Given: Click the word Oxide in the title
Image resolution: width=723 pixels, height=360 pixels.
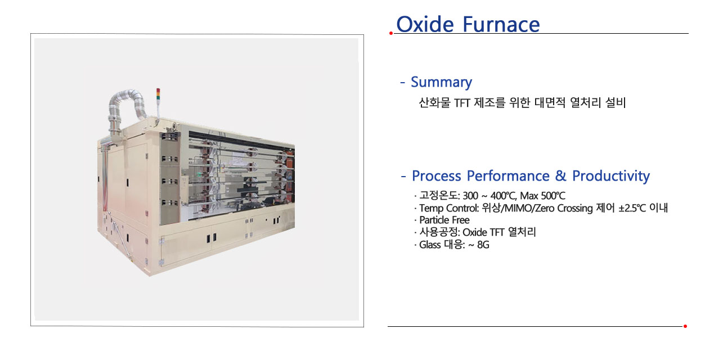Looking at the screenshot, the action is [x=425, y=24].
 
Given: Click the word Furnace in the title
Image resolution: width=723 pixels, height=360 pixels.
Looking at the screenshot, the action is [x=501, y=24].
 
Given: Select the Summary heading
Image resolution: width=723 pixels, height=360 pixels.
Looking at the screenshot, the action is [x=441, y=82].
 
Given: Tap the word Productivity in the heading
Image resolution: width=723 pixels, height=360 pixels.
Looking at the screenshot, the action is [x=610, y=176].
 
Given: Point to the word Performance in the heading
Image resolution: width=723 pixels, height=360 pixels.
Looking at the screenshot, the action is [x=508, y=176].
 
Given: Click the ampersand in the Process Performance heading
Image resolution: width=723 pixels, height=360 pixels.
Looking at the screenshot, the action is [x=560, y=176].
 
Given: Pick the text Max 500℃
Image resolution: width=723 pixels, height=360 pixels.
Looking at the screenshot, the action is [x=542, y=196].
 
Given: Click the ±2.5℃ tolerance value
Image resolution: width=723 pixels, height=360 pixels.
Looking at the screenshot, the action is [x=632, y=208].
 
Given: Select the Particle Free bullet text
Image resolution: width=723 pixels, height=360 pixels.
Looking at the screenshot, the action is [x=444, y=220].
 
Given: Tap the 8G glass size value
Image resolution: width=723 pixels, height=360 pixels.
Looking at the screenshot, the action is [x=483, y=245].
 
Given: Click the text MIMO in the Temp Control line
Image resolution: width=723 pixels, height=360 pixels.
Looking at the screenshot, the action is [x=518, y=208].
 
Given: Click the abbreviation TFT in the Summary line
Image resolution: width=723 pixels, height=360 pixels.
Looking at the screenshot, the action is [x=461, y=103].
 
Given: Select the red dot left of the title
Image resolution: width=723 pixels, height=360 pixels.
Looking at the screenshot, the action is [x=391, y=33].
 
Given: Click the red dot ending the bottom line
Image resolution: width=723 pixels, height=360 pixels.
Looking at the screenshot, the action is [x=685, y=326].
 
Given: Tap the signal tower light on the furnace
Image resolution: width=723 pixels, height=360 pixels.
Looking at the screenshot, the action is [x=158, y=94].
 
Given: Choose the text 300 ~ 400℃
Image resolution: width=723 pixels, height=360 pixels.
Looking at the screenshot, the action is [x=490, y=196].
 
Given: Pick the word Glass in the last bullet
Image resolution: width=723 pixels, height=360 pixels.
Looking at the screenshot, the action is [x=430, y=245].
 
